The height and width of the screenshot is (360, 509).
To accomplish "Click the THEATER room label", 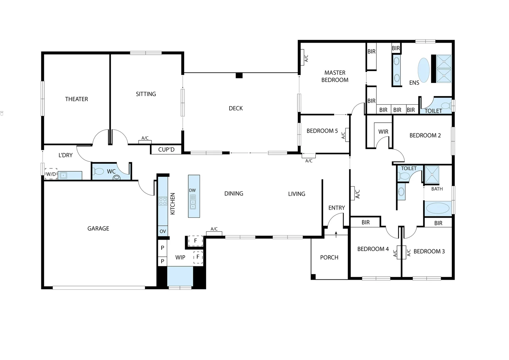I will (77, 99).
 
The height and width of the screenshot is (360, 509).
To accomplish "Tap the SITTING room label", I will (146, 94).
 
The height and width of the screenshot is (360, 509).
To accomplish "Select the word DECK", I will (236, 108).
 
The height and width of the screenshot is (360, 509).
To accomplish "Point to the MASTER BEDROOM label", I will (335, 76).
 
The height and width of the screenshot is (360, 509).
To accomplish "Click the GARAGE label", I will (98, 228).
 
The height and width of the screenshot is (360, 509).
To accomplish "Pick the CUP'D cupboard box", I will (166, 150).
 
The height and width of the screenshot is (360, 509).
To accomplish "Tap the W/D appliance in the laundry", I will (51, 174).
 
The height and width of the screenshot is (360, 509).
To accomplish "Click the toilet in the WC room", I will (98, 172).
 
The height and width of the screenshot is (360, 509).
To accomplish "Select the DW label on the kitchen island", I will (192, 190).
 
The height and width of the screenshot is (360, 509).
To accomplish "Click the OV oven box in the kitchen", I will (163, 231).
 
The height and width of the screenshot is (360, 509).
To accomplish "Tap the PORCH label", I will (329, 257).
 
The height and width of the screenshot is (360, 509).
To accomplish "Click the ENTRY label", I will (336, 208).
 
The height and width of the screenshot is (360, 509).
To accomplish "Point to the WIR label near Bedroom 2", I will (383, 132).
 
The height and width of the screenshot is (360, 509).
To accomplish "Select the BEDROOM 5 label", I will (322, 131).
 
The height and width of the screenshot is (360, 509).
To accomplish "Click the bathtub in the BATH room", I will (438, 208).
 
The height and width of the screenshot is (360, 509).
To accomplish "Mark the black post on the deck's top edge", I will (239, 75).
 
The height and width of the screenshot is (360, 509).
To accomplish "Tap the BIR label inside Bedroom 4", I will (365, 222).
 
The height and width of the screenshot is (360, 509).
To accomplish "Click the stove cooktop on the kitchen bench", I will (163, 201).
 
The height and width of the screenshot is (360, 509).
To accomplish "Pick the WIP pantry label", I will (180, 257).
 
